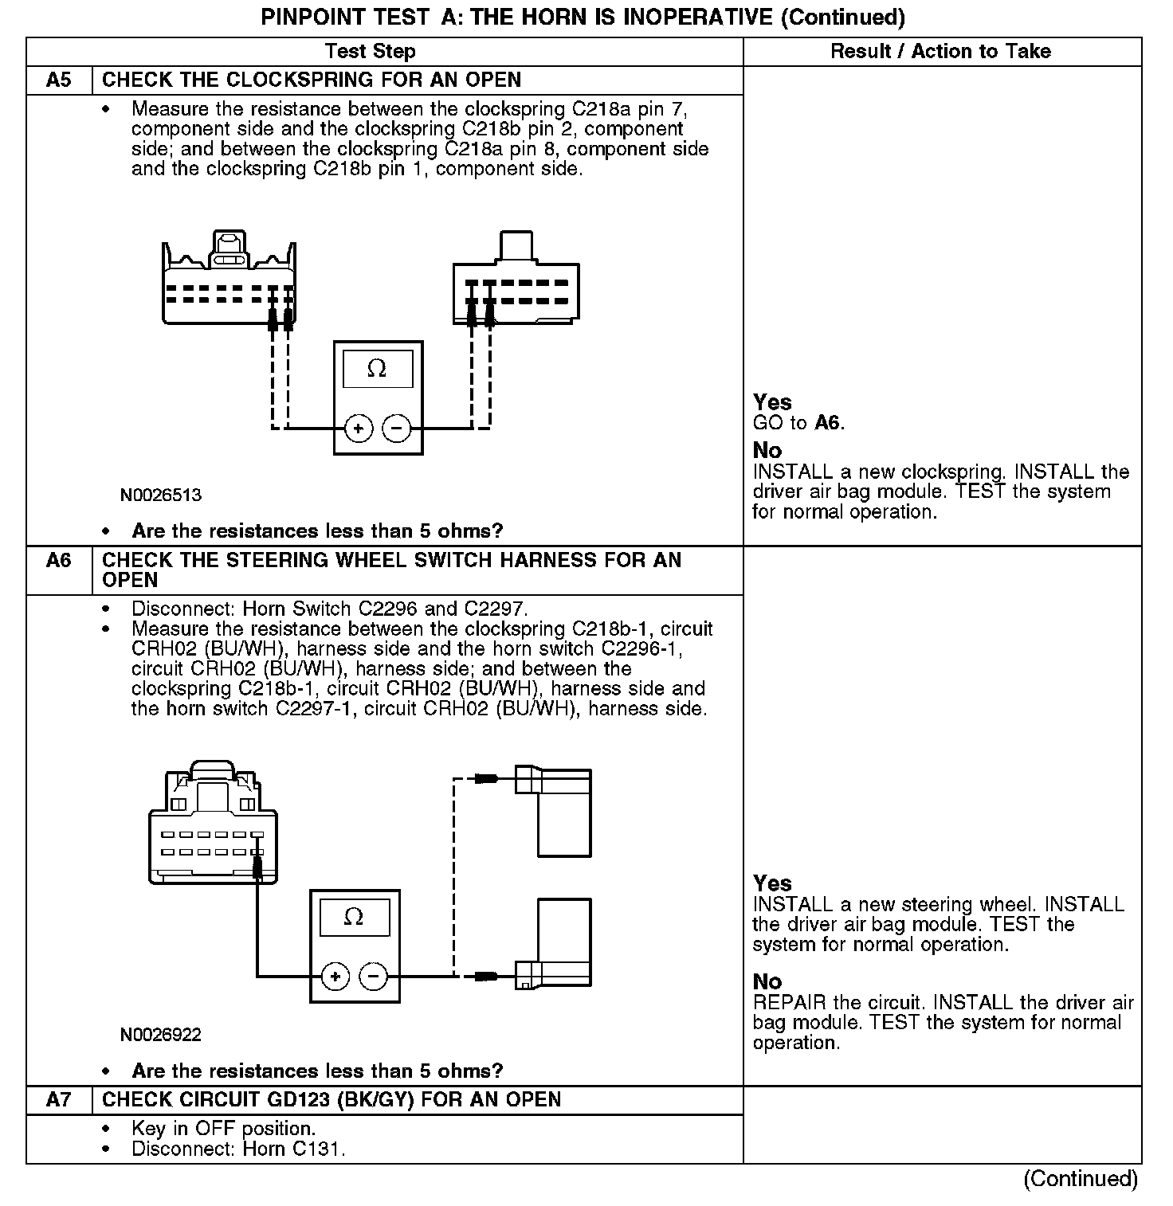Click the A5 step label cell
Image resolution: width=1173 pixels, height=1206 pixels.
coord(59,80)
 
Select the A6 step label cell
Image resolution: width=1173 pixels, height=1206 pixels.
coord(59,561)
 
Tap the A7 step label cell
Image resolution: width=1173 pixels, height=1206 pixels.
coord(59,1100)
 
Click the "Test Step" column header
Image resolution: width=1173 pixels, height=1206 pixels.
coord(370,52)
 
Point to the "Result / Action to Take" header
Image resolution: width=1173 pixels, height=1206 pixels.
coord(940,52)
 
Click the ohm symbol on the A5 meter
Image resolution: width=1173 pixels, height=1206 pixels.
coord(377,369)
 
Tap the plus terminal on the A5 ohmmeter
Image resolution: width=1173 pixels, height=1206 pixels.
coord(359,429)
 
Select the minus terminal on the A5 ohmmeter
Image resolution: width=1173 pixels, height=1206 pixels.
coord(397,429)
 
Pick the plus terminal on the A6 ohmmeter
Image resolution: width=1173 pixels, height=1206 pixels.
coord(335,976)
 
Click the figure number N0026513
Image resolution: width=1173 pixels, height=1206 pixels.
coord(160,495)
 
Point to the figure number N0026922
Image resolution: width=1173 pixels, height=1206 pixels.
coord(160,1035)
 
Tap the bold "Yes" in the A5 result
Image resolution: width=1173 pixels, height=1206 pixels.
coord(772,402)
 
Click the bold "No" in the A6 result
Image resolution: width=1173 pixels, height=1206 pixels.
coord(767,981)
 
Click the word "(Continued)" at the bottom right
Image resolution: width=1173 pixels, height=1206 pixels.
coord(1081,1178)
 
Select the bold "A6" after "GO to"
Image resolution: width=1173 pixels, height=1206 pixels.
coord(828,423)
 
